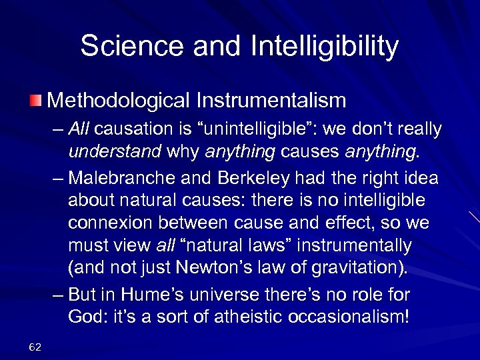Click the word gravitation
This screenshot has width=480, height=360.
click(369, 268)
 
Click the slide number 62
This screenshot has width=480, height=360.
click(36, 345)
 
